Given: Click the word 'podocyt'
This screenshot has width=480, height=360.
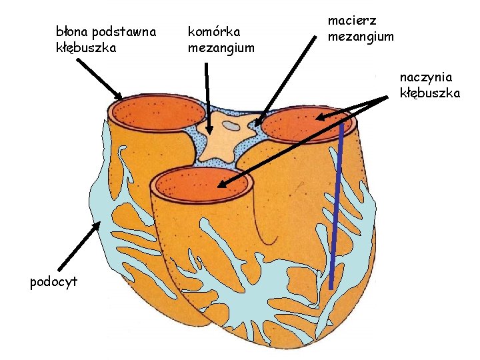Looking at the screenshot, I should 53,281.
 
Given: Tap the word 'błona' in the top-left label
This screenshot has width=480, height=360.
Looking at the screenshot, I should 72,31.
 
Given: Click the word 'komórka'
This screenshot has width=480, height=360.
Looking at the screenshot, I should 214,31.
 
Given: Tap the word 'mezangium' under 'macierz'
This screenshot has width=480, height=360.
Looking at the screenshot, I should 361,37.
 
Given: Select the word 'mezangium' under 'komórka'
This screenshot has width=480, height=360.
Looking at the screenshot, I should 221,47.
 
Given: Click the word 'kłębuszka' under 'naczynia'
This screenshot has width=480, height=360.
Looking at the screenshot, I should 430,93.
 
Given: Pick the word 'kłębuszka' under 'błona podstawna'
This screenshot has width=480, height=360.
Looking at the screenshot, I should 86,47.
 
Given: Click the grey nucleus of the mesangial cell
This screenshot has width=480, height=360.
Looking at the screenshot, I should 231,125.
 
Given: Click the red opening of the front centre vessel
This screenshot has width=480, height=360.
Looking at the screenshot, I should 201,184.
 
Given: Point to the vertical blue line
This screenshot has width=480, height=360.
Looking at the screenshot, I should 336,207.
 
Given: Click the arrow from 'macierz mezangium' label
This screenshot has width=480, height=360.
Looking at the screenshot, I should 287,80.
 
